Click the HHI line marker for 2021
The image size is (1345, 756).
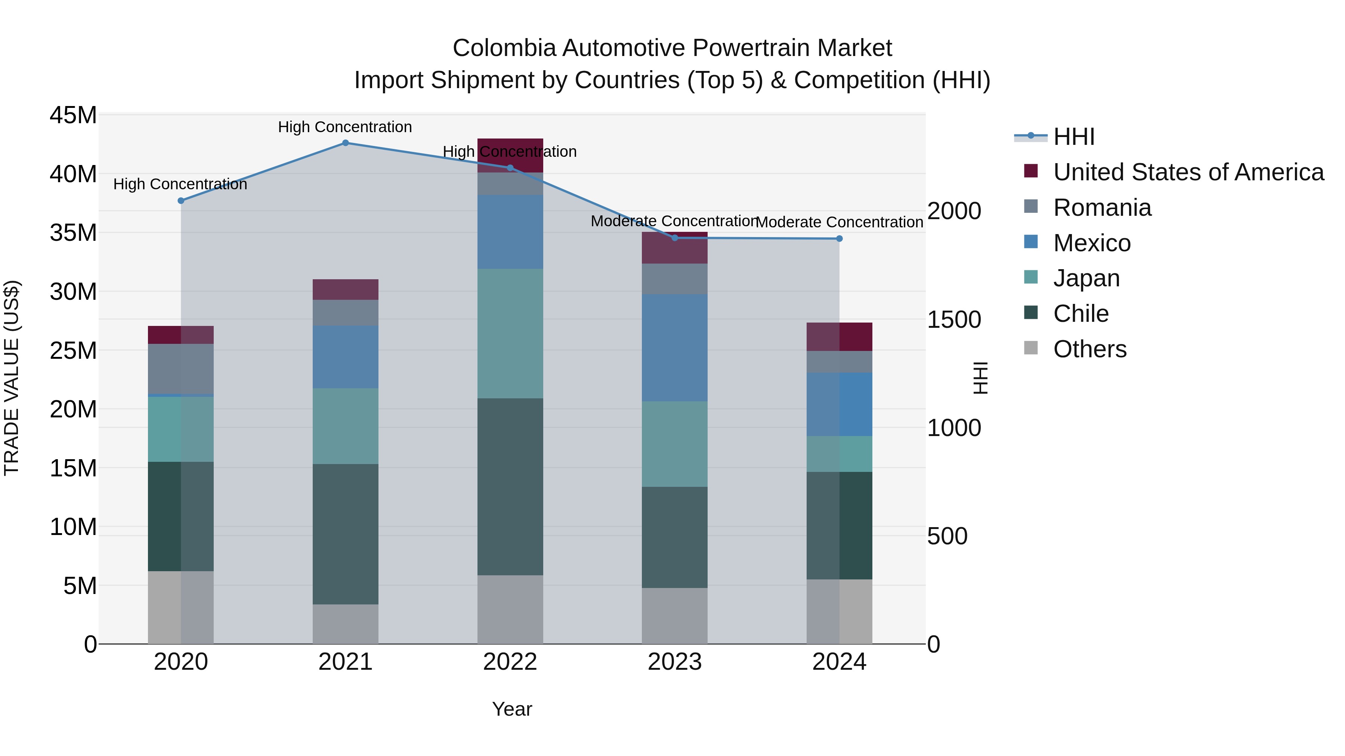(x=345, y=143)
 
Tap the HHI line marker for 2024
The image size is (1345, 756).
(x=839, y=239)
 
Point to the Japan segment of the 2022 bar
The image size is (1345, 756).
(x=510, y=333)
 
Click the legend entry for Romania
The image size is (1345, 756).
(x=1102, y=208)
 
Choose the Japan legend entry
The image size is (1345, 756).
(x=1086, y=278)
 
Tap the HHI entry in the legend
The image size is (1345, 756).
(x=1073, y=137)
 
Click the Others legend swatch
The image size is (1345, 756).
(x=1031, y=348)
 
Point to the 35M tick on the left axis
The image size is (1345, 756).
(x=73, y=233)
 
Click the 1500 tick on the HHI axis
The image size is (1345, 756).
(x=954, y=320)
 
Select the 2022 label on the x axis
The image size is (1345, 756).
(x=510, y=662)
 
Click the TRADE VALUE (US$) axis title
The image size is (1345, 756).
(x=12, y=378)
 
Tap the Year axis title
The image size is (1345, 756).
(x=512, y=709)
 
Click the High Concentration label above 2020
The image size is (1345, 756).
(x=180, y=184)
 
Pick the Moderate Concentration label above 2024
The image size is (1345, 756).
(x=839, y=222)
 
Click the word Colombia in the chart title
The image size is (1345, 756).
(x=504, y=48)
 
